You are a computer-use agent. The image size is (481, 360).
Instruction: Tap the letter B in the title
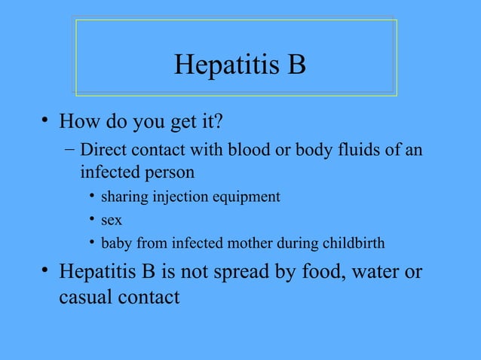point(296,65)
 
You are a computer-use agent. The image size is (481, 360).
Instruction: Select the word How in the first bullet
point(78,121)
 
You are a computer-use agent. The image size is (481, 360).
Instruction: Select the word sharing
point(124,197)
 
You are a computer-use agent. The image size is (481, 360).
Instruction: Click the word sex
point(112,221)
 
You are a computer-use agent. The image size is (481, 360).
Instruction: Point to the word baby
point(116,244)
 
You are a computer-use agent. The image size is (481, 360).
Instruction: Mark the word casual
point(85,297)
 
